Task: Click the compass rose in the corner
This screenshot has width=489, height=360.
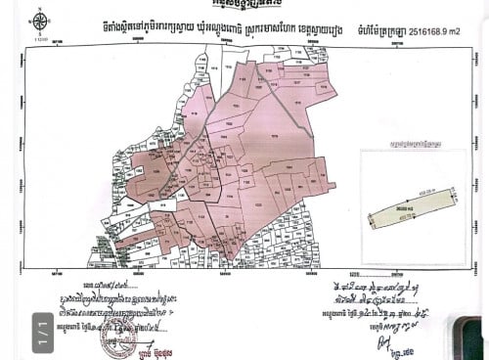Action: [40, 22]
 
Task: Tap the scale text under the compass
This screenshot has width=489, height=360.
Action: [40, 39]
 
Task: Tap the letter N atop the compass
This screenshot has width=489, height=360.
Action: [40, 12]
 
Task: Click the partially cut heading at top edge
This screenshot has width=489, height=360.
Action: [244, 4]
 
